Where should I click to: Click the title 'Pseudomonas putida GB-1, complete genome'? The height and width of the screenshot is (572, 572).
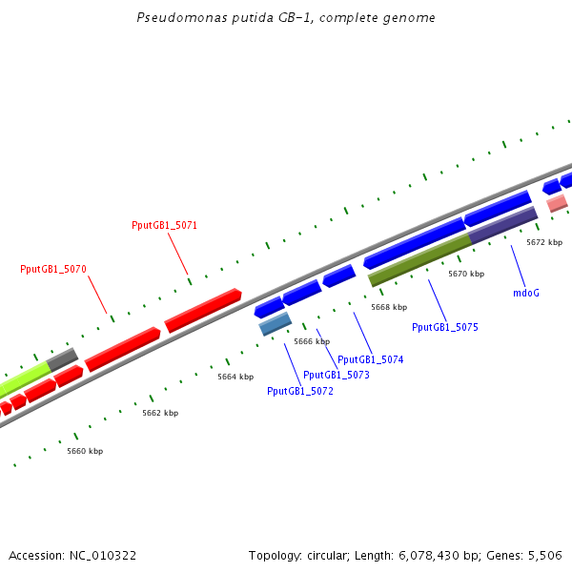pyautogui.click(x=287, y=18)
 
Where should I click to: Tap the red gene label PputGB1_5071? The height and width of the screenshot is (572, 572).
pyautogui.click(x=164, y=225)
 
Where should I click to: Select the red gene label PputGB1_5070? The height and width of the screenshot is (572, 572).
pyautogui.click(x=53, y=269)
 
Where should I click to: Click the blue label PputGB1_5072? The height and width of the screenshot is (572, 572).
pyautogui.click(x=300, y=391)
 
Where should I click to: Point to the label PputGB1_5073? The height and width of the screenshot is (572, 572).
pyautogui.click(x=336, y=375)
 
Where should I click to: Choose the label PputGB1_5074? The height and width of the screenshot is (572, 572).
pyautogui.click(x=371, y=359)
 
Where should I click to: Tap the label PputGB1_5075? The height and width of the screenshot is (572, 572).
pyautogui.click(x=445, y=327)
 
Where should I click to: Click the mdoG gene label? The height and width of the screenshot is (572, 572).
pyautogui.click(x=526, y=293)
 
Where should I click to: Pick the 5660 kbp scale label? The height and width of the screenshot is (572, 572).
pyautogui.click(x=85, y=451)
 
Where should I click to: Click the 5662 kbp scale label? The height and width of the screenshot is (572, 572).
pyautogui.click(x=160, y=413)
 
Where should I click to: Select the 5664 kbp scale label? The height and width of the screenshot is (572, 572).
pyautogui.click(x=235, y=377)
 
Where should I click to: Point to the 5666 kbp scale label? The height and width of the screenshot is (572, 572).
pyautogui.click(x=312, y=341)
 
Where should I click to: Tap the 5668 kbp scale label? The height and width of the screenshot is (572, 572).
pyautogui.click(x=389, y=307)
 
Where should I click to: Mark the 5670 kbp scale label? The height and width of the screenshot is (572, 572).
pyautogui.click(x=466, y=274)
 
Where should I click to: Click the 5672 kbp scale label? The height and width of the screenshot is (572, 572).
pyautogui.click(x=544, y=242)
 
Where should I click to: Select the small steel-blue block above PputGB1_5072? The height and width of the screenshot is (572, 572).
pyautogui.click(x=276, y=324)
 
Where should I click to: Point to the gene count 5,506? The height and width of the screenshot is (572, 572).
pyautogui.click(x=545, y=555)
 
